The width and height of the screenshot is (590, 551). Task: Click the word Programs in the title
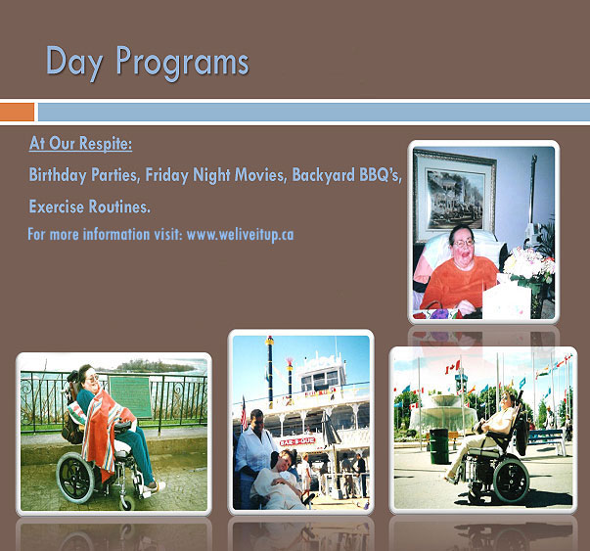point(182,62)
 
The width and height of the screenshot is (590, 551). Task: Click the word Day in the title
point(74,62)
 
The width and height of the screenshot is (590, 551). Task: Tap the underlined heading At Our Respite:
point(80,144)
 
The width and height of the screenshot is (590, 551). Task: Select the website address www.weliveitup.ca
point(240,235)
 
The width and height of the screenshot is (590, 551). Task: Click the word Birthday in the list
point(57,175)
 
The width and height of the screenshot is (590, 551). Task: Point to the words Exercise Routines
point(90,207)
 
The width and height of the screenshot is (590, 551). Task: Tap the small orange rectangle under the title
point(17,113)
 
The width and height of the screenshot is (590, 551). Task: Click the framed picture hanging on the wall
point(455,195)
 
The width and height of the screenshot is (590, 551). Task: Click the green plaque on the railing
point(130,396)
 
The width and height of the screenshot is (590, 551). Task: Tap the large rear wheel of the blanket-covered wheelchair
point(75,478)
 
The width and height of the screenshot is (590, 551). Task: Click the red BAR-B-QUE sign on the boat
point(297,441)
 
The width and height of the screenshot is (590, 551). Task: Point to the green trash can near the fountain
point(439,446)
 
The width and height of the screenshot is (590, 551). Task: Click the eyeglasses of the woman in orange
point(464,243)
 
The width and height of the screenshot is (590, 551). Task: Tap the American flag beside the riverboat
point(244,413)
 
